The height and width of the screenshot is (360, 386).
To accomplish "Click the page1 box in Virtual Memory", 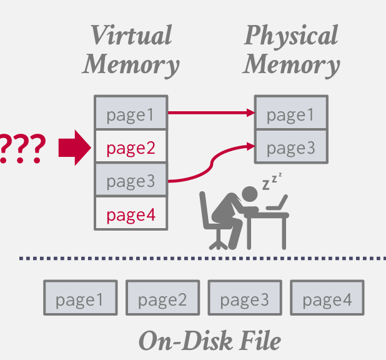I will pos(131,114).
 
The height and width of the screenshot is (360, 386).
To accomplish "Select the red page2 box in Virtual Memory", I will pos(131,147).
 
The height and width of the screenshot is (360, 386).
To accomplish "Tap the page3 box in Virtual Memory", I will pos(131,181).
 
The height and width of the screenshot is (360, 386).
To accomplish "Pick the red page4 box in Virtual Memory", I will pos(131,215).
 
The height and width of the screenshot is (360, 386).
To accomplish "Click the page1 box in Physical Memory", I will pos(290,114).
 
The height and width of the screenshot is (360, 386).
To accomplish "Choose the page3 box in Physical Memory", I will pos(290,147).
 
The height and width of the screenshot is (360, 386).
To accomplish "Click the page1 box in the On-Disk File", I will pos(80,299).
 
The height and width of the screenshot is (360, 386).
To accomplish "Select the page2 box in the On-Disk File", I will pos(162,299).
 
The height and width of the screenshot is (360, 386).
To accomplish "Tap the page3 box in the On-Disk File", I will pos(244,299).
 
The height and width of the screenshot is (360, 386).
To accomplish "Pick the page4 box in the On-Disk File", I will pos(327,299).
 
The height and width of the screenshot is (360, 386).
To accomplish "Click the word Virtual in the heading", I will pos(131,35).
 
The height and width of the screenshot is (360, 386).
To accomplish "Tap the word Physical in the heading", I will pos(291,35).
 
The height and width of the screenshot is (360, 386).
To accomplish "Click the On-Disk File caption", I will pos(209,341).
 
